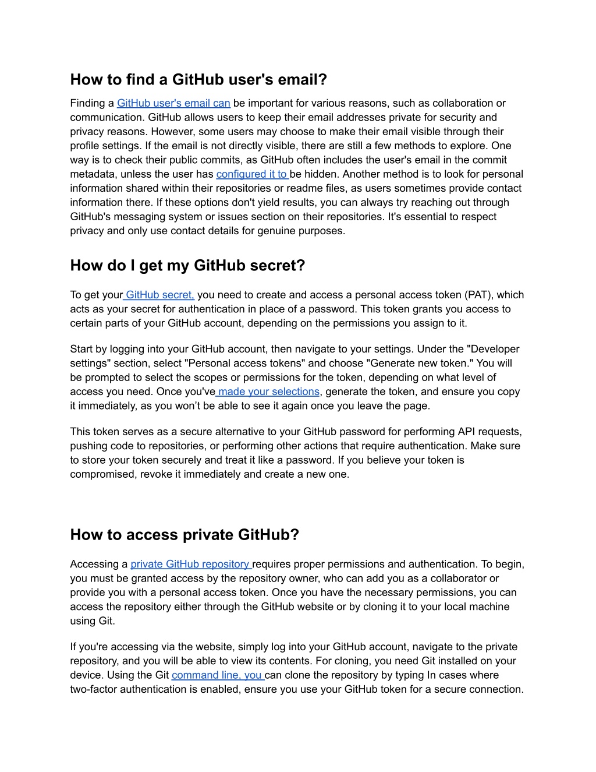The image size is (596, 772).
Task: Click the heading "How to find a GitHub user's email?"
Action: tap(198, 79)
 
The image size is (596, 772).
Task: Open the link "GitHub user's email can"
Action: tap(173, 103)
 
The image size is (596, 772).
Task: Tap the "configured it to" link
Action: tap(252, 174)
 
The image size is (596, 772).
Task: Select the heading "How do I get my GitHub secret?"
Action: tap(187, 266)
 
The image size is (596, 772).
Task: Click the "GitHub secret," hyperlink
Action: tap(159, 295)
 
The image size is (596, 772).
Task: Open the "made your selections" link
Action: tap(268, 392)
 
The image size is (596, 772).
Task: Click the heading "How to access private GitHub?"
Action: tap(185, 535)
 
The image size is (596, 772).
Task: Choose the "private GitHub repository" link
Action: tap(190, 564)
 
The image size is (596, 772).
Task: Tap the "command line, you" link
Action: tap(218, 675)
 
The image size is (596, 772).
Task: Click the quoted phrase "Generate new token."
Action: tap(421, 363)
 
